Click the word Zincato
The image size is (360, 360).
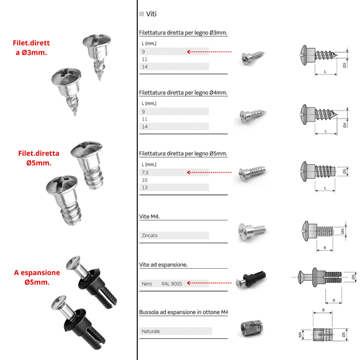(x=150, y=236)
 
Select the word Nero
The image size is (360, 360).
(x=148, y=284)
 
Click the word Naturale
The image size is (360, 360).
(x=151, y=331)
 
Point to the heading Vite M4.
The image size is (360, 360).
(x=151, y=217)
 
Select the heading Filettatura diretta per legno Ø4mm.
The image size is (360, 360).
(x=184, y=92)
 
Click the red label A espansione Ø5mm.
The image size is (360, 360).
(x=37, y=277)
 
